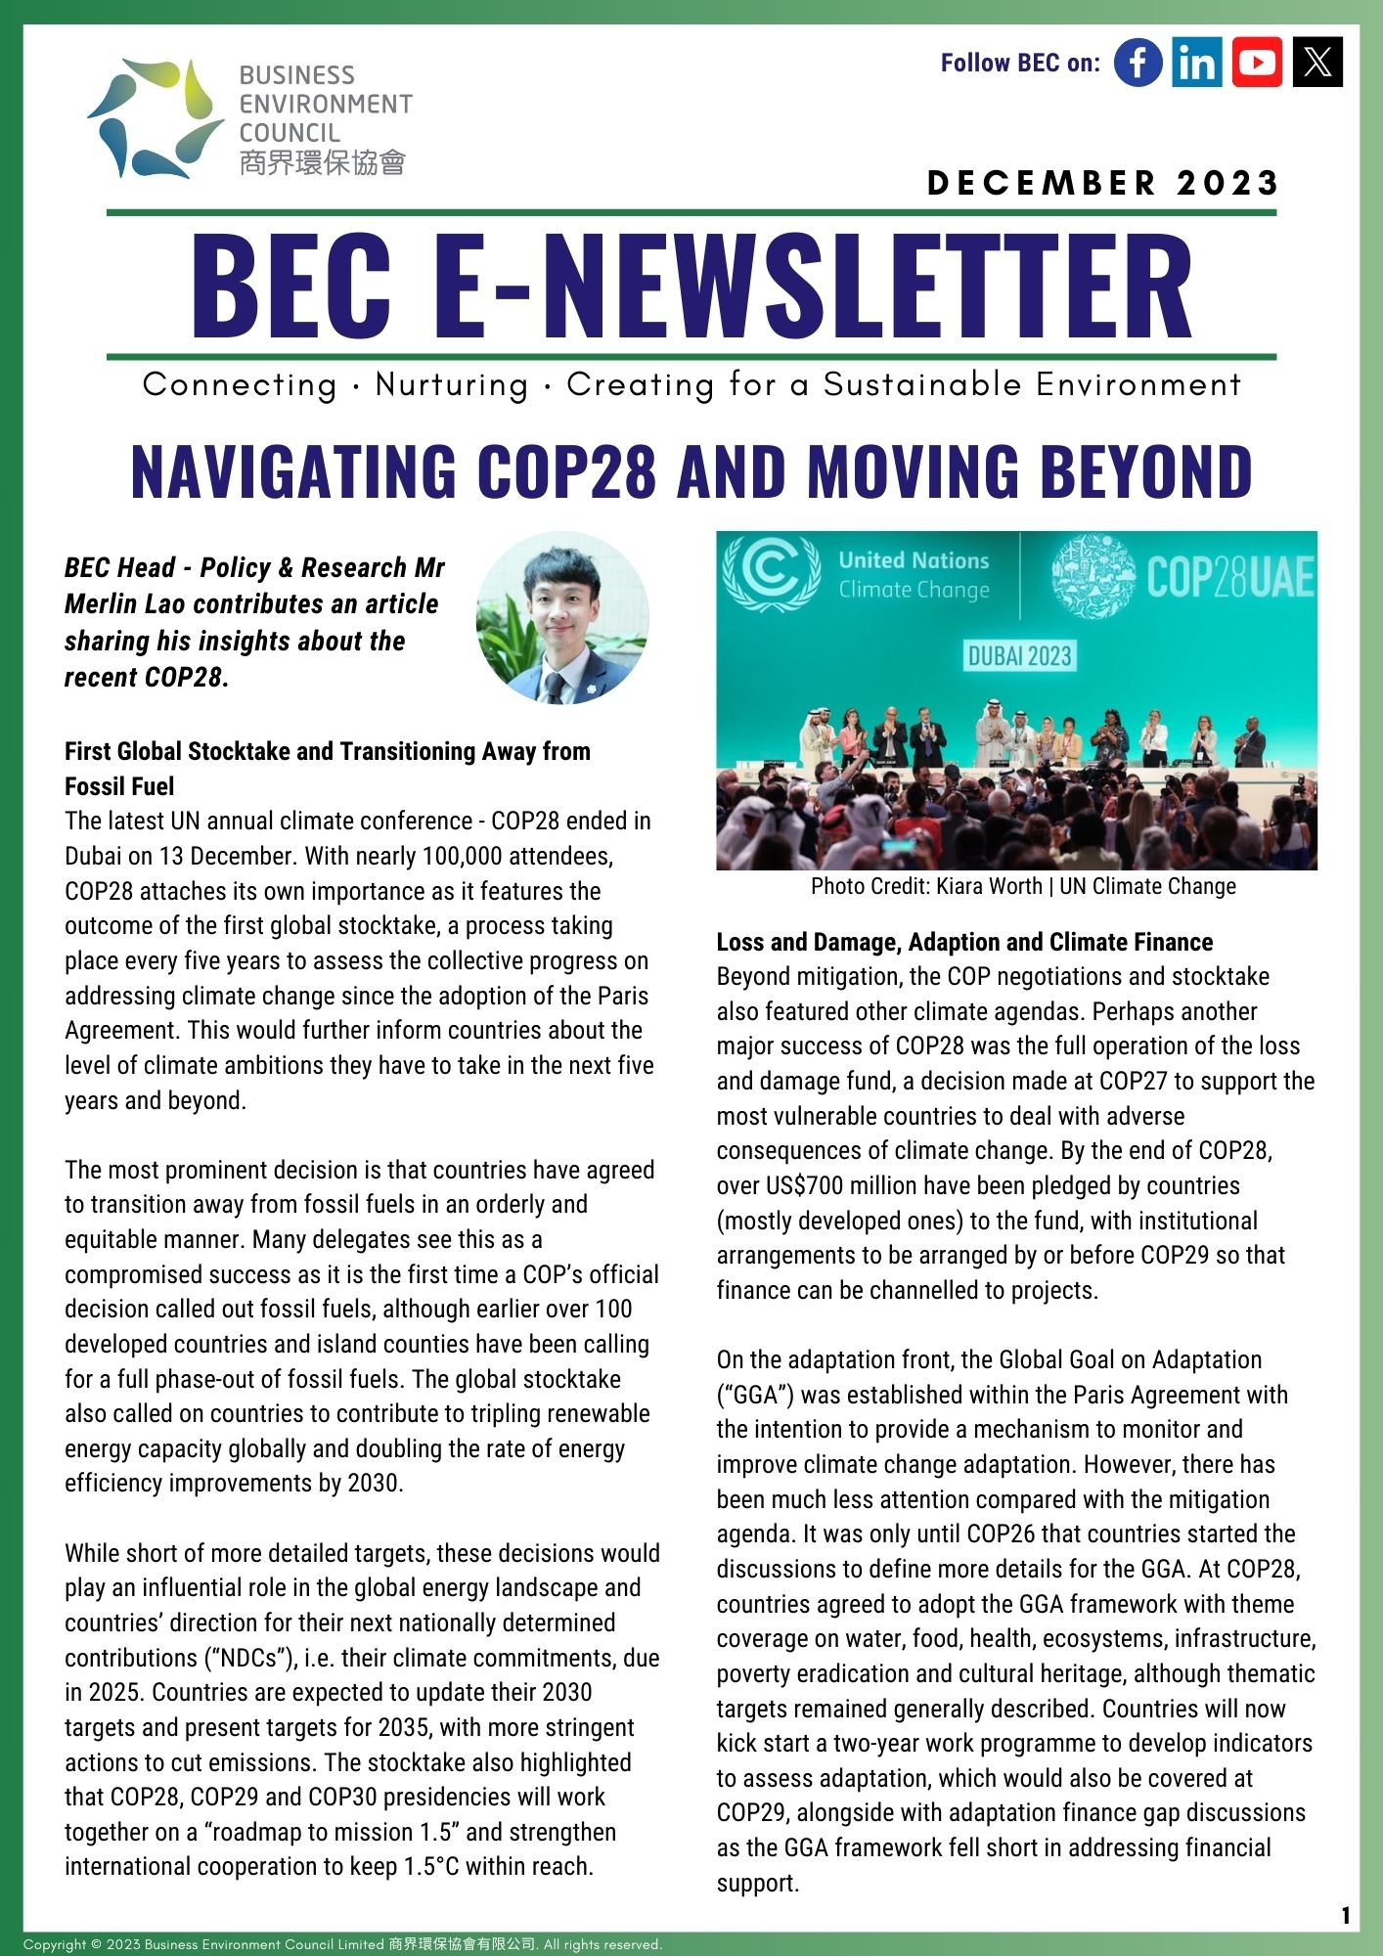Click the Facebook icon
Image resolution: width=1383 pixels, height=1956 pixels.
click(1138, 63)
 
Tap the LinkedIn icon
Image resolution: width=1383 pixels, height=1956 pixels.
click(1197, 63)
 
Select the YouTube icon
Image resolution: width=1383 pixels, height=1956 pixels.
click(1257, 63)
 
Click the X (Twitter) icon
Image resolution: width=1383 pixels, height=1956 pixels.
click(1317, 63)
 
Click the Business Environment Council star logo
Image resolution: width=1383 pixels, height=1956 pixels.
click(154, 117)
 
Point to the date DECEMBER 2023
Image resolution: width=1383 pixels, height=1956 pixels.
click(1103, 183)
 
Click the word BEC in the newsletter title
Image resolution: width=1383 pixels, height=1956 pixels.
click(291, 287)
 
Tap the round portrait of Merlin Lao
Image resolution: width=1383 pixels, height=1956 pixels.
click(562, 618)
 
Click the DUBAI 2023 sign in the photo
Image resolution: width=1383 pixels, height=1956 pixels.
click(1020, 655)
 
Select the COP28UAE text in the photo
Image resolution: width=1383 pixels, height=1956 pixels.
click(1230, 577)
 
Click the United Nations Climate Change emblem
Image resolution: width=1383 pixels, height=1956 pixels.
click(771, 574)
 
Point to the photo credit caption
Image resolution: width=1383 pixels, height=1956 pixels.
click(1023, 886)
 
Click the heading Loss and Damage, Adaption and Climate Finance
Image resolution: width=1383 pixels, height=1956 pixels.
click(964, 942)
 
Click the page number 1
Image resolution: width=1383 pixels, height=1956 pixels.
click(1346, 1915)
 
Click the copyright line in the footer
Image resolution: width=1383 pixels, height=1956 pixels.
click(342, 1944)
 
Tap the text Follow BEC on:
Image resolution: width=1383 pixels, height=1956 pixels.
click(1020, 63)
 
